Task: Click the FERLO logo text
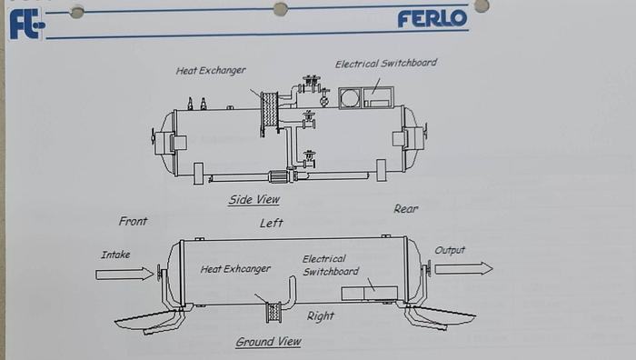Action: coord(432,17)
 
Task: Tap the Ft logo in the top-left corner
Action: coord(26,23)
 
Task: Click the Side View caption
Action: coord(253,200)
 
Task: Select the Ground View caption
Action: coord(268,342)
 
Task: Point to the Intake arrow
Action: coord(124,274)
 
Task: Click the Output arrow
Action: coord(463,268)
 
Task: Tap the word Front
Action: coord(133,221)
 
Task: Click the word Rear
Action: coord(406,209)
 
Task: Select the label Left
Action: coord(271,223)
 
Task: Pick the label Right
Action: coord(320,316)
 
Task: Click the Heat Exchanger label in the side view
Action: coord(211,70)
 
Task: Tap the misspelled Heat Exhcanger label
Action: coord(235,269)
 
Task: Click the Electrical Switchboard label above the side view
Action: coord(386,64)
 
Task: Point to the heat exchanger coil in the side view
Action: coord(269,114)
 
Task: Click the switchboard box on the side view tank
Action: coord(366,97)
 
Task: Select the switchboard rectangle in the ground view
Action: coord(370,293)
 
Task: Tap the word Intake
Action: coord(115,255)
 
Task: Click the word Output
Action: coord(450,250)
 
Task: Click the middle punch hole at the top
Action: coord(281,9)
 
